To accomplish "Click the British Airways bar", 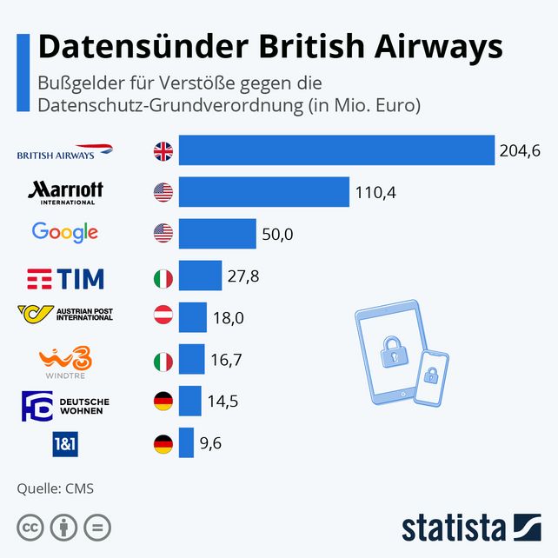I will (336, 150).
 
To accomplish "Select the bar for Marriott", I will (264, 191).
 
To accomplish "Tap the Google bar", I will (217, 233).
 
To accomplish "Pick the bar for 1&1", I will (186, 443).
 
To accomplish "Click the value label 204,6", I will (520, 151).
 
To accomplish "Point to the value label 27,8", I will (243, 276).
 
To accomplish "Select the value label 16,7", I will (226, 360).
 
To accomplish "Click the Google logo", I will (65, 233).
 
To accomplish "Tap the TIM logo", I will (66, 278).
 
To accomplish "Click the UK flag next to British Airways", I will (163, 151).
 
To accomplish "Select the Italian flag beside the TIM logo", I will (163, 277).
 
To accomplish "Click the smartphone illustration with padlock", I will (430, 376).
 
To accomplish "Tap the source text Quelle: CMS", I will (55, 488).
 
